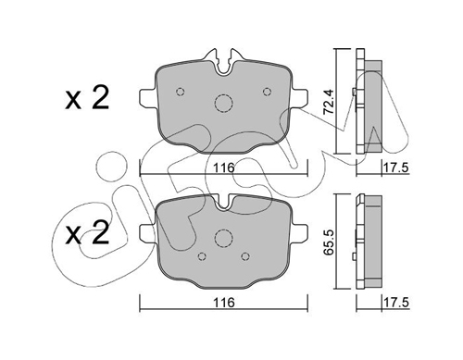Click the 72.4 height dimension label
coord(329,102)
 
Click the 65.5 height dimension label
coord(329,242)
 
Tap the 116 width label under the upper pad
coord(224,168)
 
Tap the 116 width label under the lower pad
coord(224,303)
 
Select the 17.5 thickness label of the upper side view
coord(396,168)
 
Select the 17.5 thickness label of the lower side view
coord(396,303)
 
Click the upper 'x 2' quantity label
coord(87,98)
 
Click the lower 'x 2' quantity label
coord(87,233)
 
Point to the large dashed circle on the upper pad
coord(224,94)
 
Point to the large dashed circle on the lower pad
coord(223,230)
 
